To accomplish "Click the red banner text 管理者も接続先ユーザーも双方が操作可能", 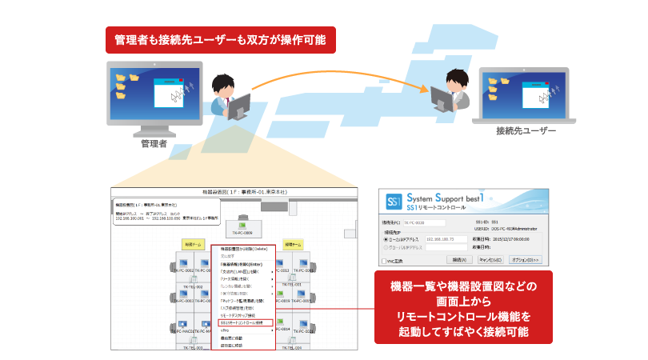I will [220, 39].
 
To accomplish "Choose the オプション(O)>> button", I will [526, 260].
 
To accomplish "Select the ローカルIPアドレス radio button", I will [386, 239].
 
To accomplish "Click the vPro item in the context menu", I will [225, 330].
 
